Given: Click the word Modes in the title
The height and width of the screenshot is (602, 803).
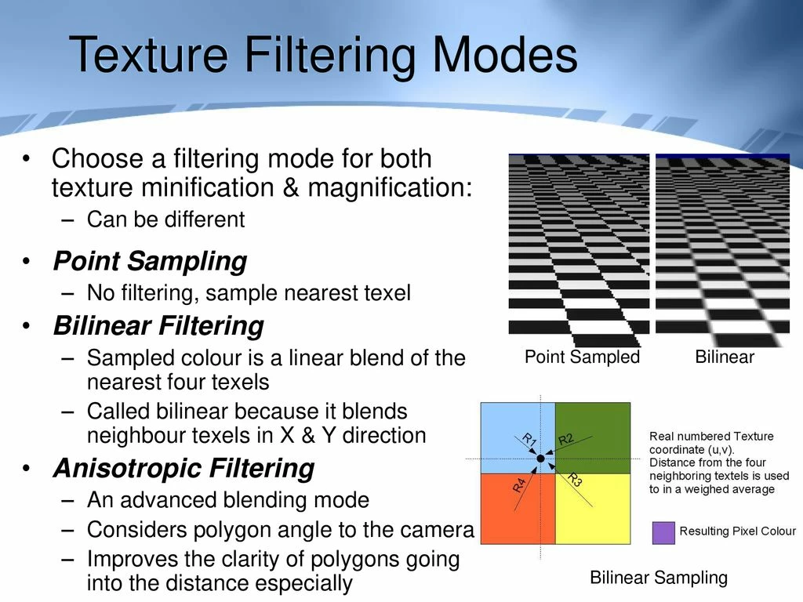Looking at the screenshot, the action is click(505, 54).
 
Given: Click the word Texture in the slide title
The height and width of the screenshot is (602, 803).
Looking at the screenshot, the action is click(148, 54).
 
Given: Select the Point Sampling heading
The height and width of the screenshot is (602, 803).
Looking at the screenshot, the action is click(150, 262).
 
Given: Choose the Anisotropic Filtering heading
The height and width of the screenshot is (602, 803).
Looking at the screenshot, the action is click(183, 469).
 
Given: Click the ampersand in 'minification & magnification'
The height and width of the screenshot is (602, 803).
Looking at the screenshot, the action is click(290, 187).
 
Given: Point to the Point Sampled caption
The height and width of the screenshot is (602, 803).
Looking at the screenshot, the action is click(583, 357).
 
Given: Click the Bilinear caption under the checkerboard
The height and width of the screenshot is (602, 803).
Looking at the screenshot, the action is click(725, 357).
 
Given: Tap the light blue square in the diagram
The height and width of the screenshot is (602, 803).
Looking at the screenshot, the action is click(518, 437).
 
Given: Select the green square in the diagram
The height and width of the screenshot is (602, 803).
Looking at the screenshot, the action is click(593, 437).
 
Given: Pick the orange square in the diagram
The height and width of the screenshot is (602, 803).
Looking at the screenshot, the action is click(518, 509).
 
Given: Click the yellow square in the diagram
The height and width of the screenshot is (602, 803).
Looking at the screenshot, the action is click(593, 509).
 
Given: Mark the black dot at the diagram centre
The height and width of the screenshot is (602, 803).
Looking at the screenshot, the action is click(541, 459).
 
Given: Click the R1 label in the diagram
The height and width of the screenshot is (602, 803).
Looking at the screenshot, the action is click(529, 439).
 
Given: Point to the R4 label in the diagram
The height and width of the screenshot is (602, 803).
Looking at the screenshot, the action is click(519, 484).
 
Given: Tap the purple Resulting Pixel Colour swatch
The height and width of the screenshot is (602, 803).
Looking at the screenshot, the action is click(663, 532).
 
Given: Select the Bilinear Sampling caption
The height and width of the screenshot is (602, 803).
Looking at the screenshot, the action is click(659, 578).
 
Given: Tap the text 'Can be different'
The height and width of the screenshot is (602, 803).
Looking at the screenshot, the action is click(166, 219).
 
